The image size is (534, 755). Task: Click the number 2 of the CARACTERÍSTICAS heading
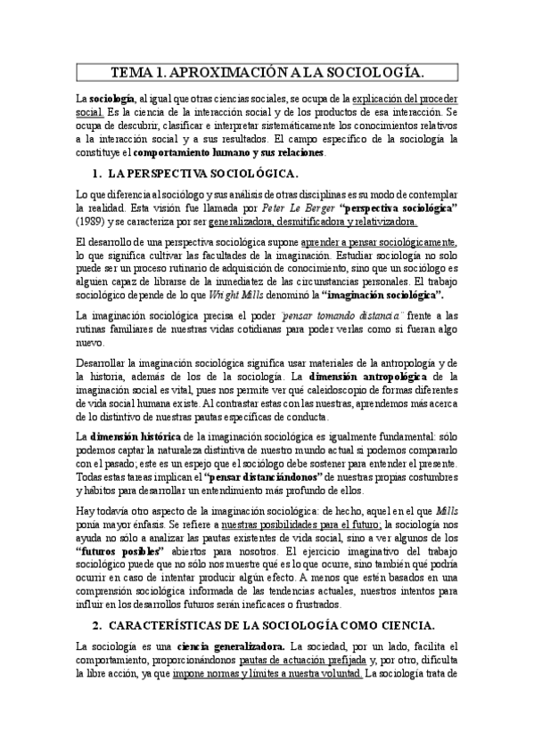coord(97,650)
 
